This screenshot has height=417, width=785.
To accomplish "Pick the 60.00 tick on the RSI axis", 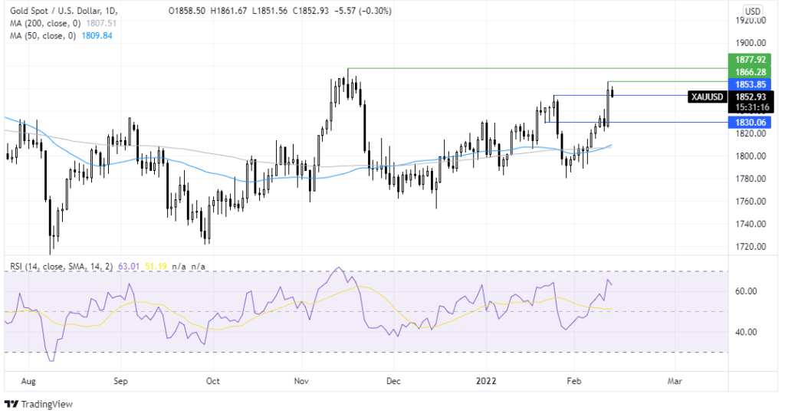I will point(745,291).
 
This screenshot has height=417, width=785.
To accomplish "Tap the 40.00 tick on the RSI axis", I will point(745,332).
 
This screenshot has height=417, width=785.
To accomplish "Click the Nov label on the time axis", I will point(301,380).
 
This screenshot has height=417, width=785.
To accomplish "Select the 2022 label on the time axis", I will point(486,380).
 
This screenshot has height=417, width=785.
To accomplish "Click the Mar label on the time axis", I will point(675,380).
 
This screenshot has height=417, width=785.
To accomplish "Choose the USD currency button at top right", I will point(753,11).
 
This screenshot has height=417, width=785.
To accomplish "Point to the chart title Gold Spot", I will point(28,11).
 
